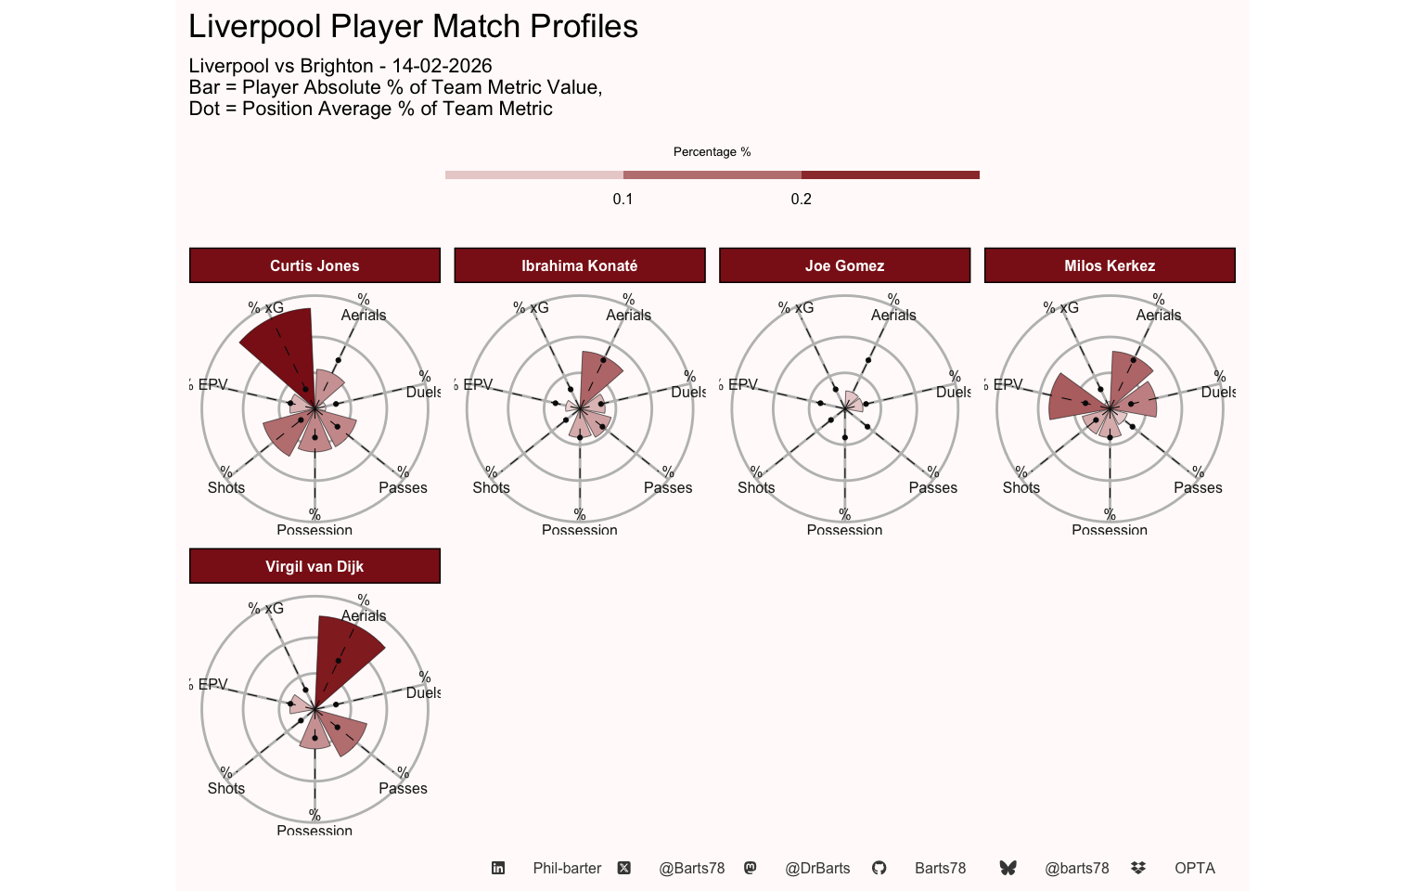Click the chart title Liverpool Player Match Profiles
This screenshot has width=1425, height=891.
point(413,27)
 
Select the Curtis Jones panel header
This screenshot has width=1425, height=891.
point(315,265)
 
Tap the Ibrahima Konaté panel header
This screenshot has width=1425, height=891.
point(579,265)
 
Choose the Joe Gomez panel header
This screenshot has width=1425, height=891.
point(844,265)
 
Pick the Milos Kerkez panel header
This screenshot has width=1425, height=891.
point(1110,265)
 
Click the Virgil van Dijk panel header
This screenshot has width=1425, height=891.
point(315,566)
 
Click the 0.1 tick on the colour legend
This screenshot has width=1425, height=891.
point(623,199)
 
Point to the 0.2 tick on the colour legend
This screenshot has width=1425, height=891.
point(801,199)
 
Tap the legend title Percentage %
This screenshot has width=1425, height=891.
point(712,151)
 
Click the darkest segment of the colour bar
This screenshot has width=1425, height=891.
point(890,175)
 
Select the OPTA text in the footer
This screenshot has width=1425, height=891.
point(1194,868)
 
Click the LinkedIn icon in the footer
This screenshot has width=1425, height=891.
point(498,868)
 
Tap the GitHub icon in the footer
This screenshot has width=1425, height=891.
point(879,868)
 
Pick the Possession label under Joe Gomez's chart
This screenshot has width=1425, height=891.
point(844,530)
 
